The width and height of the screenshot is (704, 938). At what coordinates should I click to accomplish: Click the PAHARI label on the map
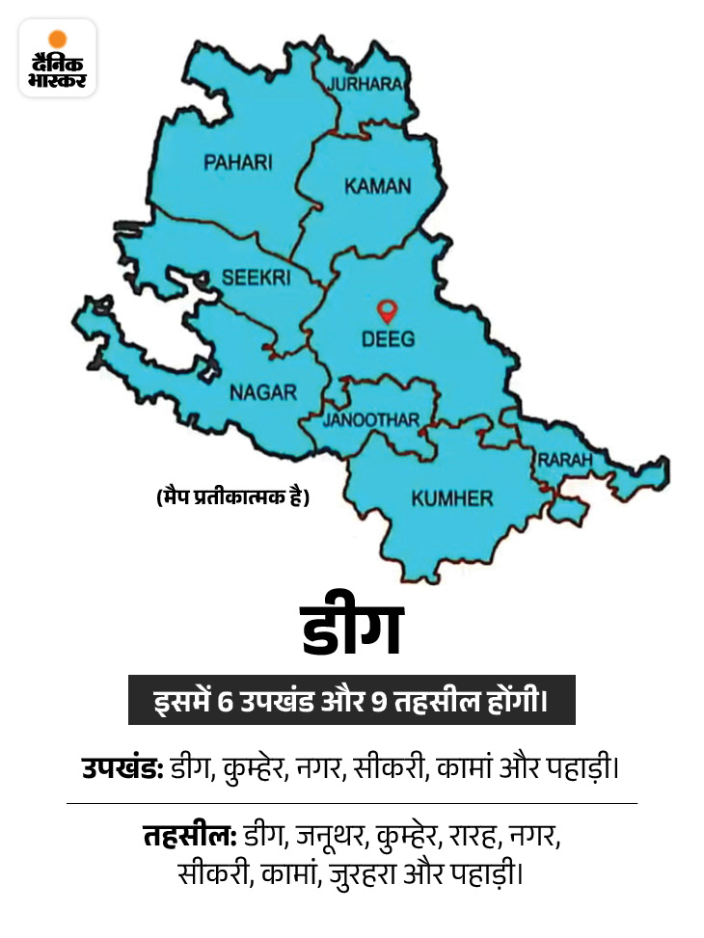237,163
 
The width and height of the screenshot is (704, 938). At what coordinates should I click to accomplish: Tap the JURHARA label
365,84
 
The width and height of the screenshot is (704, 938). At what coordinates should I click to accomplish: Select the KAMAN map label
378,186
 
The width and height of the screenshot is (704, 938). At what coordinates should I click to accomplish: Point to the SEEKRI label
255,277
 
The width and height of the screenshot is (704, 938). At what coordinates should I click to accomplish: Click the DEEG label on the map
389,338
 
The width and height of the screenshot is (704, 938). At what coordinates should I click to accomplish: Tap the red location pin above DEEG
388,311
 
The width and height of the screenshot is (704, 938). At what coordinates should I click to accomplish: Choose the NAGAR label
262,392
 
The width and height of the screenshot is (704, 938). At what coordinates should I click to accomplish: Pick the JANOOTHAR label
371,420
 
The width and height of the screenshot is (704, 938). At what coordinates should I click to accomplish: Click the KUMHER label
451,498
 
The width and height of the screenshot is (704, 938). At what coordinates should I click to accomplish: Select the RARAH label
564,461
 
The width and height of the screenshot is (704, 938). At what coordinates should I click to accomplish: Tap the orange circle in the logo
58,40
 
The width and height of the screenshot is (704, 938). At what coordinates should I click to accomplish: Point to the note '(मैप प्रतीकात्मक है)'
232,498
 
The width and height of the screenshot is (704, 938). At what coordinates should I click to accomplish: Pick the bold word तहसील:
188,835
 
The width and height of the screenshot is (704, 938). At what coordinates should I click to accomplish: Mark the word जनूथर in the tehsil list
333,835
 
